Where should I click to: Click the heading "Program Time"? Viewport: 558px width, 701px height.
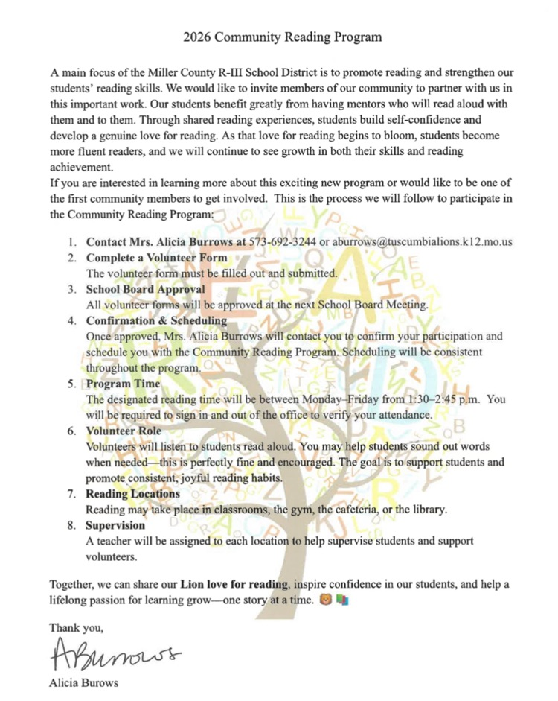[x=123, y=384]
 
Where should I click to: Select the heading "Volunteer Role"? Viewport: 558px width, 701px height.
[x=124, y=431]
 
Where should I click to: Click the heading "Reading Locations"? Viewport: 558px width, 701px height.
[x=132, y=493]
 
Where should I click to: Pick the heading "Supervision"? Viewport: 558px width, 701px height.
[x=116, y=524]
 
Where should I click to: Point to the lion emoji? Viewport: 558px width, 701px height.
[x=324, y=598]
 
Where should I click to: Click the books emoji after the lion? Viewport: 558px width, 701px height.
[x=341, y=598]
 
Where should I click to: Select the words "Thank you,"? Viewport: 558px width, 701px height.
[x=71, y=628]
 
